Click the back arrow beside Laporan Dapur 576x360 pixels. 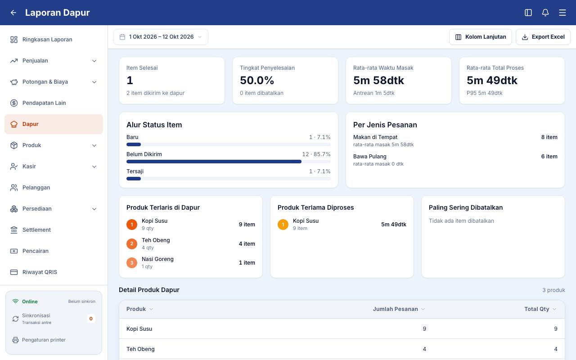tap(13, 13)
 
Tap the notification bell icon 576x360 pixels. tap(545, 13)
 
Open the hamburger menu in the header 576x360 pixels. tap(562, 13)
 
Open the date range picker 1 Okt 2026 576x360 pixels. tap(161, 37)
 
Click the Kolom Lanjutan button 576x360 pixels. tap(480, 37)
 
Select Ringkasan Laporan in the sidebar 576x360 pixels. tap(47, 40)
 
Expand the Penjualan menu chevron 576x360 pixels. tap(94, 61)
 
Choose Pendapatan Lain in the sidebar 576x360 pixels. tap(44, 103)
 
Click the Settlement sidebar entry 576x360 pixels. tap(36, 230)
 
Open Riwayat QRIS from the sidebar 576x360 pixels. tap(40, 272)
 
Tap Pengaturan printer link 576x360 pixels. tap(44, 340)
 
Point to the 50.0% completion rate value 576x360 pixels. tap(257, 81)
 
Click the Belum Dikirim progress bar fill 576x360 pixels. tap(214, 162)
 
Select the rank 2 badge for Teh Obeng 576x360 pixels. tap(132, 244)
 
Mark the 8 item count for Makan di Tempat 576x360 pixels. tap(549, 137)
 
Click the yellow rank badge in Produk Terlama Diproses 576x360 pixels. tap(283, 225)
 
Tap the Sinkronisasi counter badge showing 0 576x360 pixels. tap(91, 319)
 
